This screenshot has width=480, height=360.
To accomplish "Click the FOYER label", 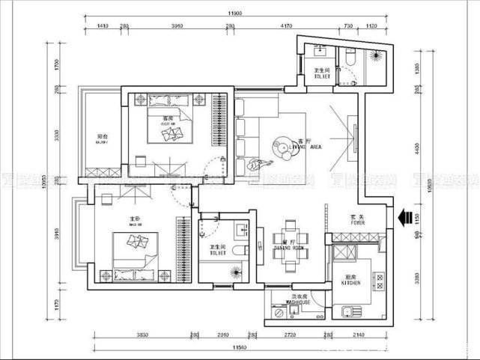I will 358,220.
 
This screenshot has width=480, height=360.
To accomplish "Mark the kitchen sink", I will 347,312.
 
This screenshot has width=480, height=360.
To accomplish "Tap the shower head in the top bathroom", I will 374,57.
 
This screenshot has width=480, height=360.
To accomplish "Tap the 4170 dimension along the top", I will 285,27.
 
